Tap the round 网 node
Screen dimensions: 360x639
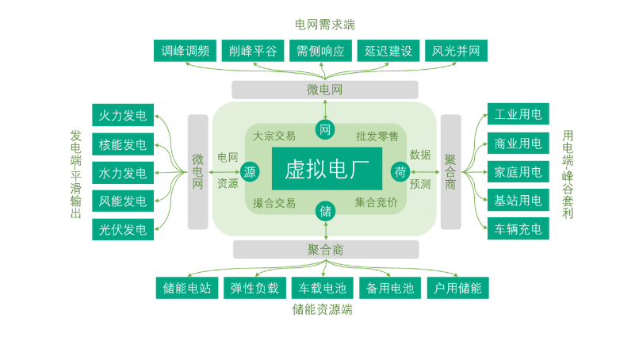tap(325, 128)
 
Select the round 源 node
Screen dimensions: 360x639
tap(250, 171)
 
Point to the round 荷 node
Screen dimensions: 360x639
tap(400, 171)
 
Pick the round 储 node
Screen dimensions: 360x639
tap(325, 212)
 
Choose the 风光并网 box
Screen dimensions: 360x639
tap(456, 51)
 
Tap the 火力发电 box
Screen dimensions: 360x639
tap(123, 116)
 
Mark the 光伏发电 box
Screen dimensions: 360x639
tap(123, 230)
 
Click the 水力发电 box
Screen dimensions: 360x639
tap(123, 173)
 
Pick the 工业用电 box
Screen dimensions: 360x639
tap(518, 115)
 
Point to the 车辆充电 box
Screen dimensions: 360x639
tap(518, 229)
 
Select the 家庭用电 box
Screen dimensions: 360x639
tap(518, 172)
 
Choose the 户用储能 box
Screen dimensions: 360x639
tap(457, 288)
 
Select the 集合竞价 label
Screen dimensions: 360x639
tap(377, 203)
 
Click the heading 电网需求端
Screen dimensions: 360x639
tap(324, 25)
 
